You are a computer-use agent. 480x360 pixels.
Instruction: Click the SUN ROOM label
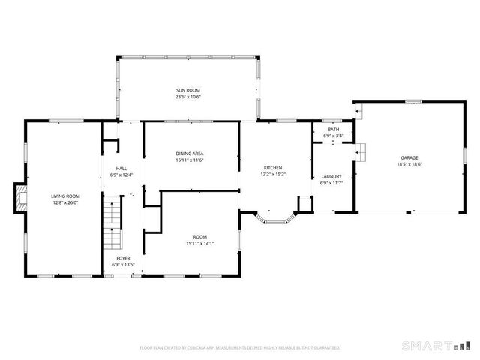[188, 89]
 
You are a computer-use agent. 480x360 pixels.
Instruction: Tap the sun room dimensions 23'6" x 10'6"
[188, 97]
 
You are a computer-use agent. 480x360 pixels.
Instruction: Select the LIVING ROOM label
[65, 196]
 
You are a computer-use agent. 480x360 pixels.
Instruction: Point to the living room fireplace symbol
[19, 199]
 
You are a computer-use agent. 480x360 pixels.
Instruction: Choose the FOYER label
[121, 258]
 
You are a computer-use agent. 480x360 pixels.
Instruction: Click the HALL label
[121, 168]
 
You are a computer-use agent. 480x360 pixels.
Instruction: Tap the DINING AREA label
[190, 153]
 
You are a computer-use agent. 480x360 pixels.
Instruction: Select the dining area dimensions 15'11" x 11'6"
[190, 160]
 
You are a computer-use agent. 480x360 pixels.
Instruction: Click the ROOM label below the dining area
[200, 236]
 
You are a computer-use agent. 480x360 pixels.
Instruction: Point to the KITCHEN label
[272, 167]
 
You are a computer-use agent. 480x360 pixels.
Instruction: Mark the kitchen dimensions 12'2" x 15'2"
[272, 174]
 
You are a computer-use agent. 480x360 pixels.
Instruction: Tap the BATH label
[333, 130]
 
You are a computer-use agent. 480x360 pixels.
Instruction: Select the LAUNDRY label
[331, 176]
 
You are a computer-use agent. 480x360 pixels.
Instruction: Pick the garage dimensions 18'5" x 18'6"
[409, 165]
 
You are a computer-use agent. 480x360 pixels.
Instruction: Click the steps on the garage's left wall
[359, 150]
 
